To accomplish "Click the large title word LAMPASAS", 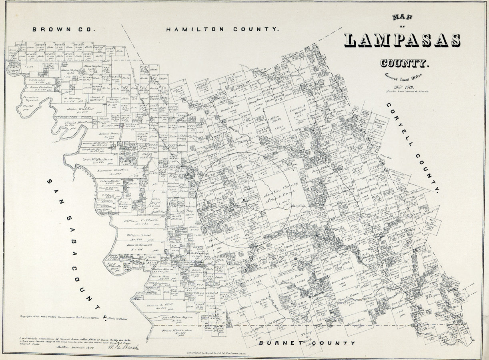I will click(x=402, y=40).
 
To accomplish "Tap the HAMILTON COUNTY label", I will click(x=222, y=29).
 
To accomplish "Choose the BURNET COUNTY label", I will click(x=307, y=343).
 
